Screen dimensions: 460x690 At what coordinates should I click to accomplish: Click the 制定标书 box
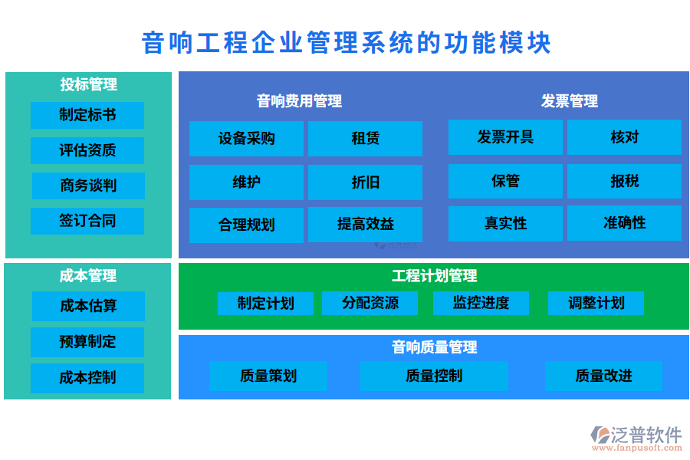87,115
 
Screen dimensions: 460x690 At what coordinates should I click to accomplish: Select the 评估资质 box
87,150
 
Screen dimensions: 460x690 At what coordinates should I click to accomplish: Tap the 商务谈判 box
88,186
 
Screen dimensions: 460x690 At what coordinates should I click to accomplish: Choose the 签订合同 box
87,221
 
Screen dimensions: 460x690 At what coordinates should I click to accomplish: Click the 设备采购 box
246,139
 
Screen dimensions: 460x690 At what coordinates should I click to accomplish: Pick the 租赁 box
365,139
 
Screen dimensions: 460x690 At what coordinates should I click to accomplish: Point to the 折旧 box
365,182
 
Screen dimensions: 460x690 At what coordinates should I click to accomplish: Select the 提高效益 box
365,225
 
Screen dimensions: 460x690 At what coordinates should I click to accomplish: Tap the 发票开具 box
505,137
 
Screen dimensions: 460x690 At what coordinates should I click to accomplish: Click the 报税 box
624,181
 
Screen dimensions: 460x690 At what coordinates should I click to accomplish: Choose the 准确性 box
624,223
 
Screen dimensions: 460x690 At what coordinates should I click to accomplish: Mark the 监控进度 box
481,303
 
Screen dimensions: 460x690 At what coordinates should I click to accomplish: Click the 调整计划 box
596,303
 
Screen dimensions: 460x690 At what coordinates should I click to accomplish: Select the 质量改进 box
603,376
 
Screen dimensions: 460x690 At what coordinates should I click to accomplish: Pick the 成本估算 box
88,306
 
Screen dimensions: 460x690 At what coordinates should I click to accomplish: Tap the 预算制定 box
87,342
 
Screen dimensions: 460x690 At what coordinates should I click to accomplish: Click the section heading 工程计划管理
434,276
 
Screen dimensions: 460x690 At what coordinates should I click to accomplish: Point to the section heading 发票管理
569,101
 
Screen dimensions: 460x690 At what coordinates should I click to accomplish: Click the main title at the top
347,42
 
